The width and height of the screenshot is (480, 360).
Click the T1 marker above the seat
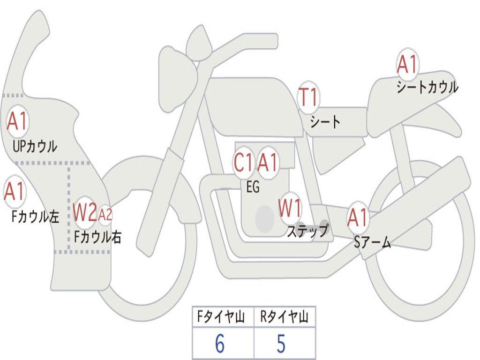coord(308,98)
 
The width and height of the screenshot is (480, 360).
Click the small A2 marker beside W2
coord(105,215)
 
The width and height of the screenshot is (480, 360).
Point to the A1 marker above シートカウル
coord(407,65)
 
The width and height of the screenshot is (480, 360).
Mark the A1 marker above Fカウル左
coord(14,191)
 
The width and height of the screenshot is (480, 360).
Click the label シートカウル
coord(427,88)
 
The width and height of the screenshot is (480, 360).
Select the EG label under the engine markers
coord(253,187)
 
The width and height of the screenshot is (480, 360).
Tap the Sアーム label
coord(372,242)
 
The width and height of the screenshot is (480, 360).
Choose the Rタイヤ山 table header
coord(284,318)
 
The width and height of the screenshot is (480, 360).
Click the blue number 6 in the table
coord(219,344)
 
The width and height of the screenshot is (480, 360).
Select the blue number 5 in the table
coord(281,344)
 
